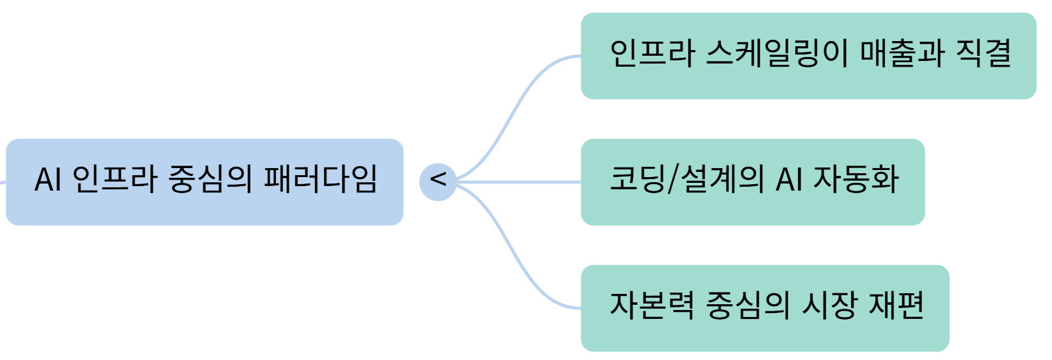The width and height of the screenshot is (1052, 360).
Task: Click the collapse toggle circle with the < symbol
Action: click(437, 182)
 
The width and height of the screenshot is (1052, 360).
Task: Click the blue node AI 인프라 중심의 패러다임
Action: click(205, 182)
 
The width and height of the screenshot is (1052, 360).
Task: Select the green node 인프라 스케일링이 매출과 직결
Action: click(808, 56)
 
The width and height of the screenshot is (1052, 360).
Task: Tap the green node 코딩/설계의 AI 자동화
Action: click(752, 182)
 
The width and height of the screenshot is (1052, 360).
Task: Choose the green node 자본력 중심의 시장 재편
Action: click(765, 308)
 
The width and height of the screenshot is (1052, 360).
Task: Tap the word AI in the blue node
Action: click(47, 179)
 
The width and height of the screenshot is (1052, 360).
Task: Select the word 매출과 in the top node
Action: click(901, 53)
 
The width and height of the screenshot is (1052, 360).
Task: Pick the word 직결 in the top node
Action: click(983, 53)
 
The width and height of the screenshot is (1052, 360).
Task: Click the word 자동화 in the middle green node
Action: click(856, 179)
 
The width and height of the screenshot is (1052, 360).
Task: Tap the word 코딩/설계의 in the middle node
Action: click(686, 179)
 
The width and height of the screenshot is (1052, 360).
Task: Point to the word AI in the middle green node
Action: click(788, 179)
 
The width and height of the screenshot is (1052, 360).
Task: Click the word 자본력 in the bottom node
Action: click(652, 305)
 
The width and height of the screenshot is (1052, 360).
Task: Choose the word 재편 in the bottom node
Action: click(896, 305)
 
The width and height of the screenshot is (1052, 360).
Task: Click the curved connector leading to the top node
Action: click(513, 109)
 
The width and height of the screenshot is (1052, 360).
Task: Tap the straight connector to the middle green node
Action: click(520, 182)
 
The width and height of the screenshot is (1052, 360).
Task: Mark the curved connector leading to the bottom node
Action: click(513, 255)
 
